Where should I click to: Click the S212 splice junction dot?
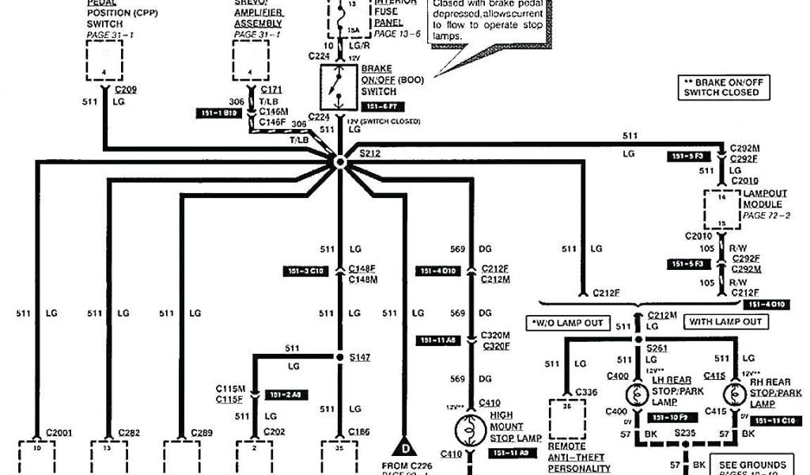(x=339, y=161)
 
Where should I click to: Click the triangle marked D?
(x=405, y=446)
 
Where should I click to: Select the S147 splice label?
(x=360, y=358)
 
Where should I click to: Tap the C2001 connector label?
(x=60, y=432)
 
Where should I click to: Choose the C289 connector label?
(x=201, y=432)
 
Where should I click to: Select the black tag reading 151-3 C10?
(x=304, y=272)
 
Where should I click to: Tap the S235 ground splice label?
(x=684, y=434)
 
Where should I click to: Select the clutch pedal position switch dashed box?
(x=104, y=60)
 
